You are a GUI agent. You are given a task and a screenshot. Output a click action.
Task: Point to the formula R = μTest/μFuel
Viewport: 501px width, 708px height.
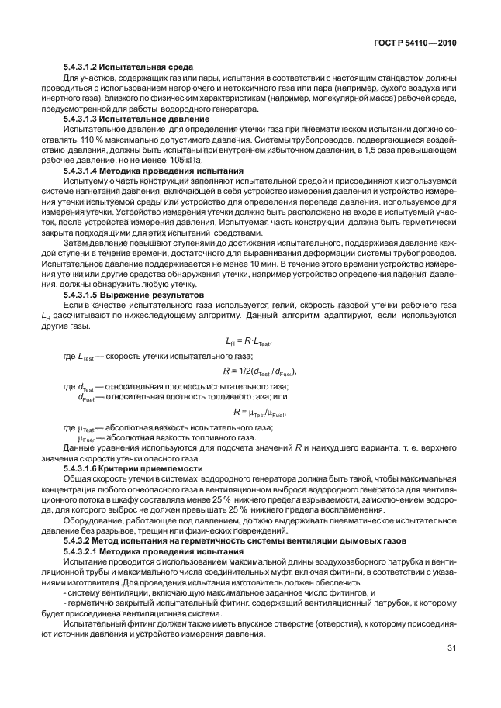click(260, 411)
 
